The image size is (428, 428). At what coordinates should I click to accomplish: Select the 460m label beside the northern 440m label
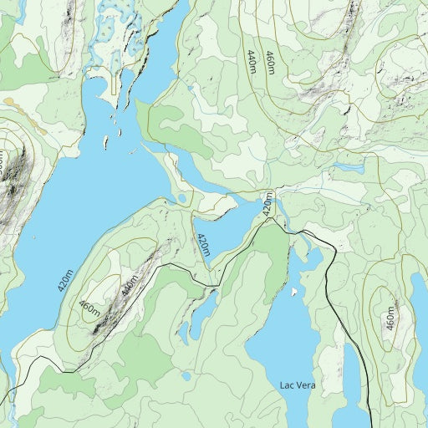270,63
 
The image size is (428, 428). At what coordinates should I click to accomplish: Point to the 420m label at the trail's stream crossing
267,203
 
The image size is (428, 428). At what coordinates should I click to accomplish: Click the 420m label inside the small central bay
202,244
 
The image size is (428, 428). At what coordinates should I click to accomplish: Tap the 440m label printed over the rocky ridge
127,287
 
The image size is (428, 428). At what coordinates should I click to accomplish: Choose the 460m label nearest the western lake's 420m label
89,308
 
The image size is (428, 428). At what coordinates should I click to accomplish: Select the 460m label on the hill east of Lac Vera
390,318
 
